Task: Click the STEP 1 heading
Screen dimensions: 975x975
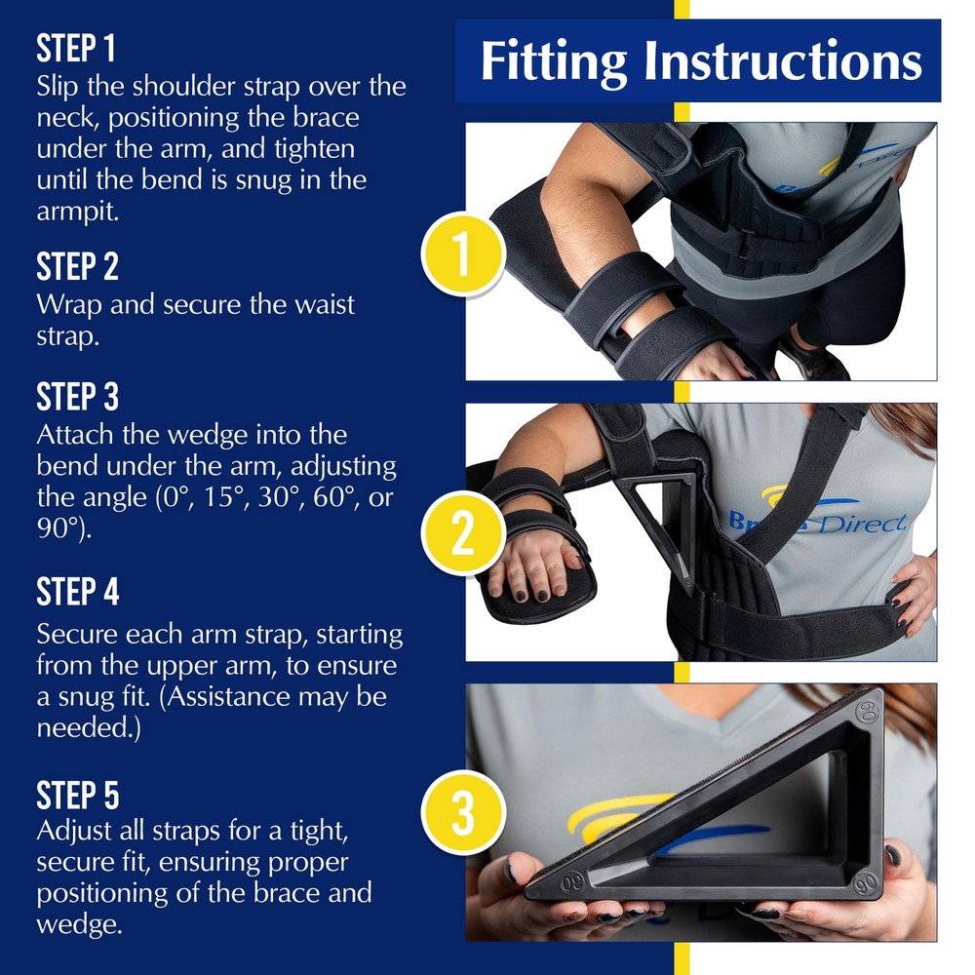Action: pos(76,49)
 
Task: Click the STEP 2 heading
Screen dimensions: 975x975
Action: pos(77,267)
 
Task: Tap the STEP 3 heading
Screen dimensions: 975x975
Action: pos(77,397)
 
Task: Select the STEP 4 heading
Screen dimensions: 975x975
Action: pos(78,592)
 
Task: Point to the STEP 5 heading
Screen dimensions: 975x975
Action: pos(78,796)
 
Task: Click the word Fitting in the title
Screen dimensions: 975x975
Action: pos(554,62)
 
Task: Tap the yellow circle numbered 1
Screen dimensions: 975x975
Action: pos(462,254)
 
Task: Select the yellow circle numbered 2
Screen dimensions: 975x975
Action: pos(462,533)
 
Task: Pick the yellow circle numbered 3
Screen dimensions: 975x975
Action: pos(462,812)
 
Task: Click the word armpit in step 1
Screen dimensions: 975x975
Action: pos(78,213)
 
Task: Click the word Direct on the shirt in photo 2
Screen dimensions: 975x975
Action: pos(860,524)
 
